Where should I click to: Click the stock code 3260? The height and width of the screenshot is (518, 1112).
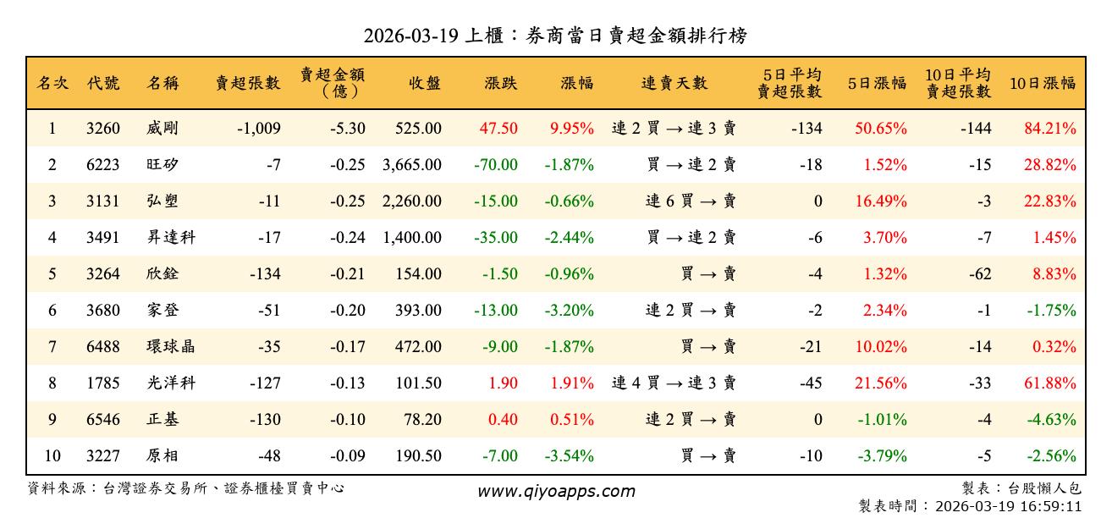pyautogui.click(x=103, y=129)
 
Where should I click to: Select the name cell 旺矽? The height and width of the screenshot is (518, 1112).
pyautogui.click(x=162, y=165)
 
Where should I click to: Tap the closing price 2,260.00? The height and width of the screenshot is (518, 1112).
pyautogui.click(x=412, y=201)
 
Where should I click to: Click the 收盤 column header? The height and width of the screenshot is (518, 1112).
pyautogui.click(x=425, y=83)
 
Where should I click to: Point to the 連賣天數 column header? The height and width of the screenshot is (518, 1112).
pyautogui.click(x=674, y=83)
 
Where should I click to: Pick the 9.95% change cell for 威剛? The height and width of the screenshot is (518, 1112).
pyautogui.click(x=571, y=129)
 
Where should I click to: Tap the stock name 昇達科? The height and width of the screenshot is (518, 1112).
pyautogui.click(x=170, y=238)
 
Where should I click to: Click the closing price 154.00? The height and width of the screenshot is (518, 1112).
pyautogui.click(x=418, y=274)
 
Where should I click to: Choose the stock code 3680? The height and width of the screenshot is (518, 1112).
pyautogui.click(x=103, y=311)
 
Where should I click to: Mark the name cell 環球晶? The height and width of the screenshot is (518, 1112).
pyautogui.click(x=170, y=347)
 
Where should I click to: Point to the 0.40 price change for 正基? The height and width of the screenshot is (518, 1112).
pyautogui.click(x=504, y=420)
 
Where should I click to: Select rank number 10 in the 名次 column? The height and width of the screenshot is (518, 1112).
pyautogui.click(x=52, y=456)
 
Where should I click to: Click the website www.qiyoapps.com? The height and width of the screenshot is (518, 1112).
pyautogui.click(x=555, y=492)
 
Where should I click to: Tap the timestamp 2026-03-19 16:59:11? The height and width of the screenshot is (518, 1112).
pyautogui.click(x=1008, y=507)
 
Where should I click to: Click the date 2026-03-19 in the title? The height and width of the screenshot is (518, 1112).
pyautogui.click(x=411, y=36)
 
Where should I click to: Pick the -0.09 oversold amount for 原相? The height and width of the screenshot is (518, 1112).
pyautogui.click(x=348, y=456)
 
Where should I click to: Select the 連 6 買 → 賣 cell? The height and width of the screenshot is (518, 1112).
pyautogui.click(x=691, y=201)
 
